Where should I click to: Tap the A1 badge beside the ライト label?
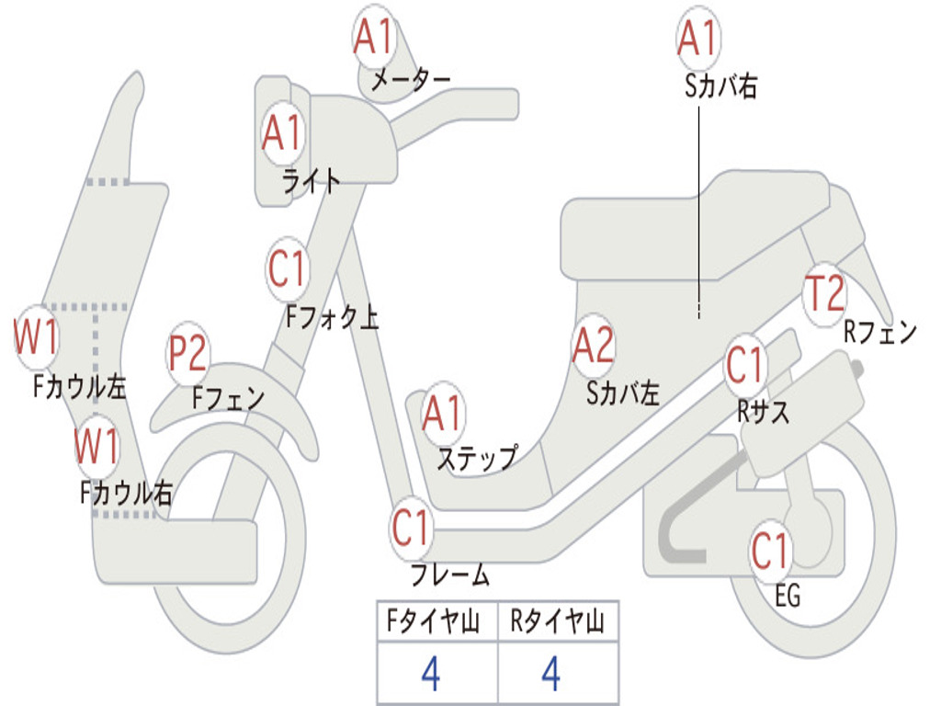[x=282, y=134]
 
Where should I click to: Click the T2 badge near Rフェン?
[x=824, y=293]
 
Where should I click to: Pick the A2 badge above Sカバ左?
[x=593, y=346]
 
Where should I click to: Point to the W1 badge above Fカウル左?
[x=37, y=337]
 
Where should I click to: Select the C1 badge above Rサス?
[x=745, y=365]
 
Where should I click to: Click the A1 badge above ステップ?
[x=443, y=414]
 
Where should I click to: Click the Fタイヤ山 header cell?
[x=436, y=623]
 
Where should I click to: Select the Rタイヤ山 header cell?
[x=558, y=623]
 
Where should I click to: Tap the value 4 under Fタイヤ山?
[x=430, y=676]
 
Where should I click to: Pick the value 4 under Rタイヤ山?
[x=550, y=676]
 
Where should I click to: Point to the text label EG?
[x=788, y=597]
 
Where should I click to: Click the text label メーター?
[x=411, y=81]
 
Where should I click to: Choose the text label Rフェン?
[x=880, y=333]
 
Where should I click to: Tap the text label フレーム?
[x=449, y=577]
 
